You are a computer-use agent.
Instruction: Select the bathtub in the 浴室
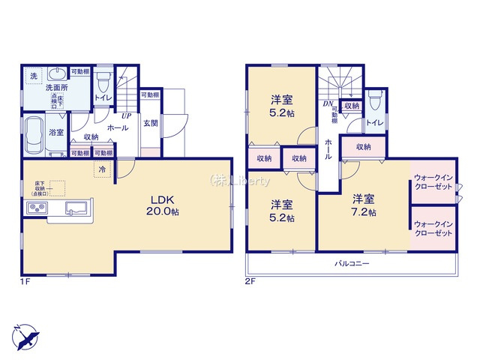coord(34,136)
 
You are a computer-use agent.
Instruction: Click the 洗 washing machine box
coord(34,76)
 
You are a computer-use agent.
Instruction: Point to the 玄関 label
coord(150,123)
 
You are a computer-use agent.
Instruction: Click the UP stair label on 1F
coord(127,116)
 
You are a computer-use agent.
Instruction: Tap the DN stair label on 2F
coord(328,105)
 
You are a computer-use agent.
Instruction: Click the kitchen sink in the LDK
coord(76,208)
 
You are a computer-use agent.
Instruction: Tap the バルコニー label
coord(351,264)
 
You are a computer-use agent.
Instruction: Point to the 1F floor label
coord(26,281)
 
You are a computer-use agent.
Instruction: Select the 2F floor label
coord(250,281)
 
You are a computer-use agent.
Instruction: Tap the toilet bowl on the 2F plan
coord(374,100)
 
